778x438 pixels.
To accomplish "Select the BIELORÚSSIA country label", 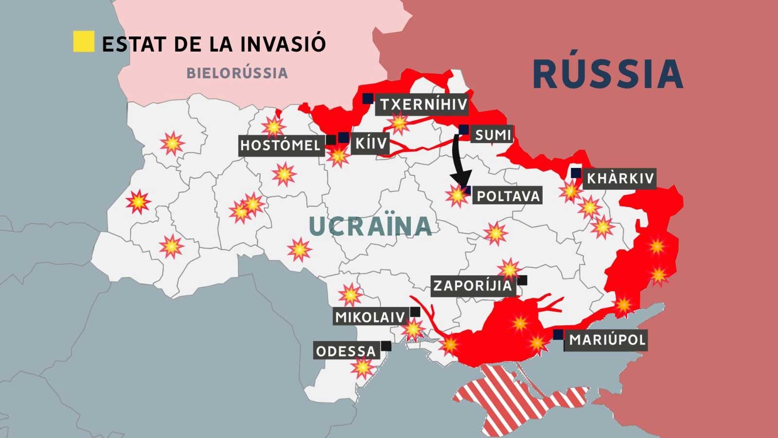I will [237, 73].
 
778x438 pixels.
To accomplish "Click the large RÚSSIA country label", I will [608, 74].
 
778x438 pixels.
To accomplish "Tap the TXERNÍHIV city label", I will [423, 105].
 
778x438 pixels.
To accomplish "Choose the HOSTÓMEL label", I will [281, 145].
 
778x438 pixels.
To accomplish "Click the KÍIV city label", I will [371, 144].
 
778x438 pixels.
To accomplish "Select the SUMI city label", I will [493, 135].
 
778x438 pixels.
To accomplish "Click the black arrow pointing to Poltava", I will [459, 161].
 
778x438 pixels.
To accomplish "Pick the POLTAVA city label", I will [508, 196].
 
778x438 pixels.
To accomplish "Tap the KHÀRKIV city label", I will [620, 179].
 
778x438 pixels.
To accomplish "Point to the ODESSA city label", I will [346, 351].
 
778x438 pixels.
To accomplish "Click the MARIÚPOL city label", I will [607, 339].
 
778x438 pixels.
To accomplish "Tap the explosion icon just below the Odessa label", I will [363, 367].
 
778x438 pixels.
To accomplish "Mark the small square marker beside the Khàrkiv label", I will [576, 172].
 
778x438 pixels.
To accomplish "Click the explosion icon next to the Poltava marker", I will [456, 196].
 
